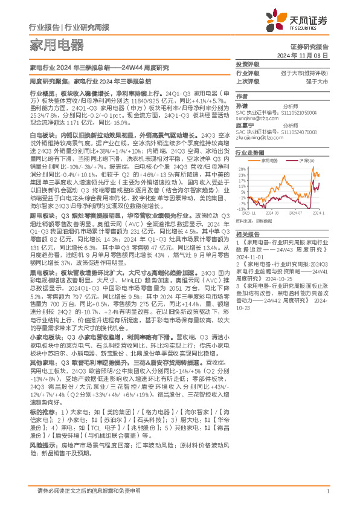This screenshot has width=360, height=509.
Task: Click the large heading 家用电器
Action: tap(56, 45)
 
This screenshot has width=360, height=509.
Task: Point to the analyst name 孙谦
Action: tap(242, 105)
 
